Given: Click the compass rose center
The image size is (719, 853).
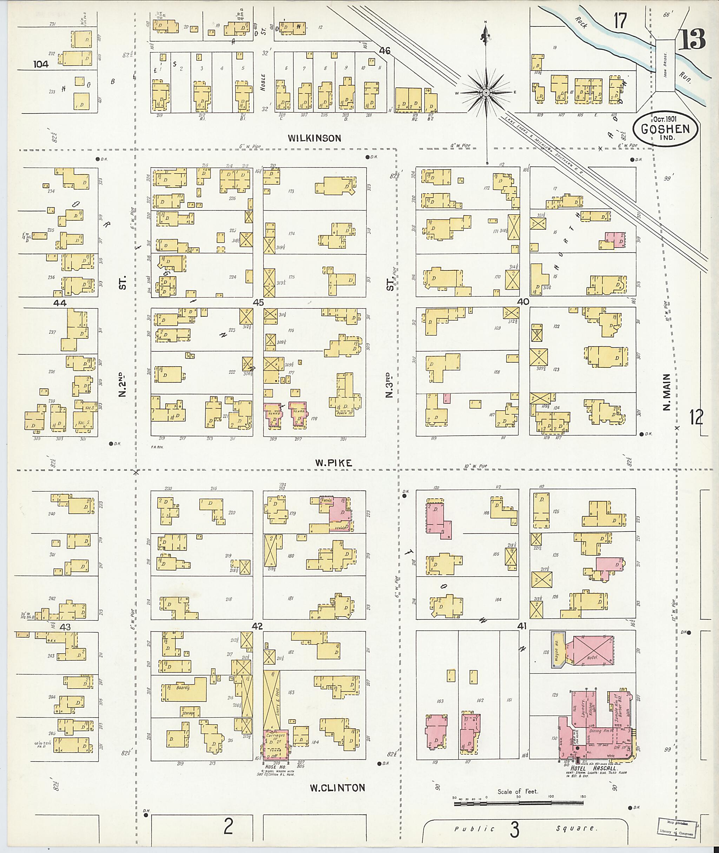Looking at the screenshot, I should click(486, 93).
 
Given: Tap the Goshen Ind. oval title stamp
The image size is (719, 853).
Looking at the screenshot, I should click(665, 129).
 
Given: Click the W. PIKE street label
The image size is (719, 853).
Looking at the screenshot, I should click(334, 463).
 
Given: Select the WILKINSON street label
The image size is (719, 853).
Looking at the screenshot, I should click(314, 138).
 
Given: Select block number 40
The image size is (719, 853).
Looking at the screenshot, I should click(523, 301).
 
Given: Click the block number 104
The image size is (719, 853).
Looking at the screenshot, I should click(41, 64).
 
